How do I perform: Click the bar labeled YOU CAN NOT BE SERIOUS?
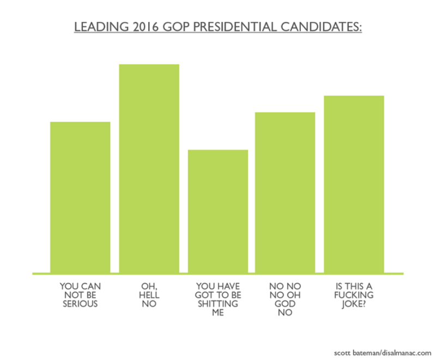pos(80,197)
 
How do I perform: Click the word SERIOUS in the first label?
pos(80,304)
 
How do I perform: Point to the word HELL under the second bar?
pos(149,295)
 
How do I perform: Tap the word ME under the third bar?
pos(218,313)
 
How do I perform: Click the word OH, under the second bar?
pos(149,286)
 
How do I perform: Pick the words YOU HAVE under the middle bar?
pos(218,286)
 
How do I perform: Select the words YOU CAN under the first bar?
pos(80,286)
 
